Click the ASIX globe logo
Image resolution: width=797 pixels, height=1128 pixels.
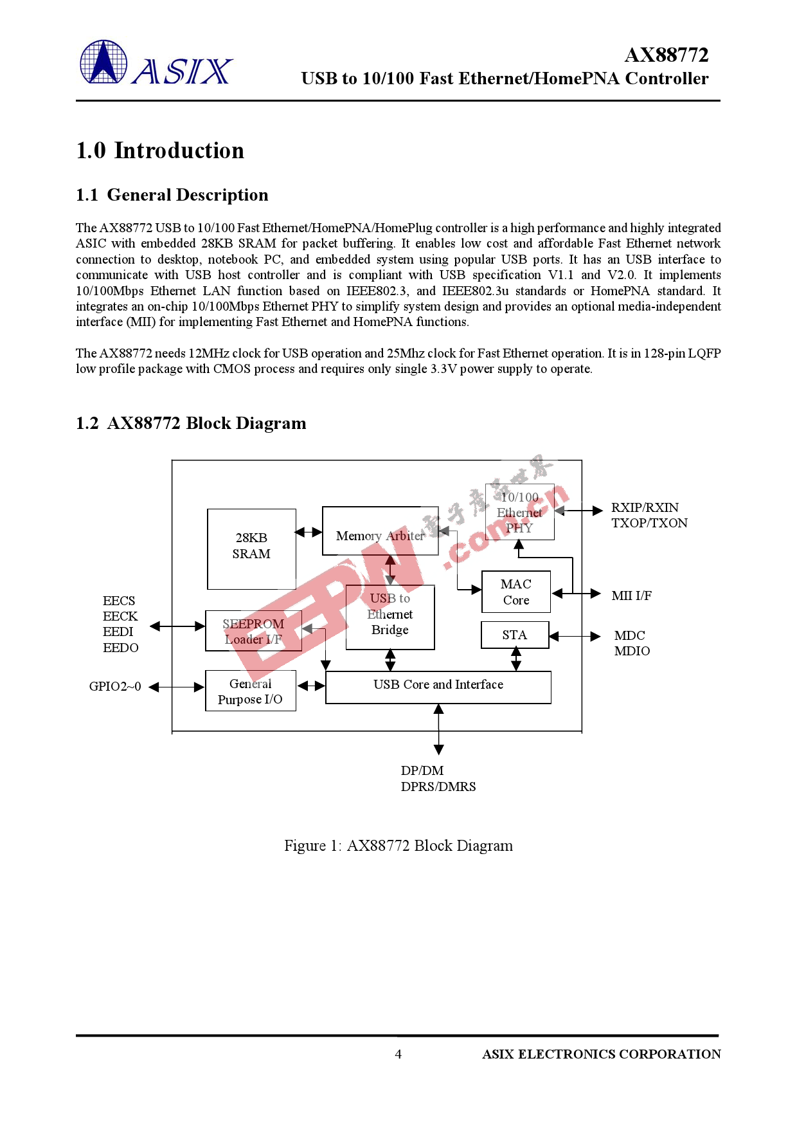pos(103,62)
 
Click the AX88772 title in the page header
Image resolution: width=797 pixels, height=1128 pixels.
pos(666,55)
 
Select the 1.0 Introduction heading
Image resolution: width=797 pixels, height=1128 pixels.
pos(160,150)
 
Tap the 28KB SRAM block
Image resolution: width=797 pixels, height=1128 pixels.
pos(251,549)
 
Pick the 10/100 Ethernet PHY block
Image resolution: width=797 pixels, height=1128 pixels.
pos(519,513)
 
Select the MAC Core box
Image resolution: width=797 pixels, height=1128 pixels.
pos(516,592)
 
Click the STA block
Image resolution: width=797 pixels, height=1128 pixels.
pos(515,635)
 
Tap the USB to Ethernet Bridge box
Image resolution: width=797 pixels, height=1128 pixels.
pos(390,617)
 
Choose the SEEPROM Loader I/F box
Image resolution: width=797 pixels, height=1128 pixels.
pos(253,631)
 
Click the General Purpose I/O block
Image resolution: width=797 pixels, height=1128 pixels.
pos(250,691)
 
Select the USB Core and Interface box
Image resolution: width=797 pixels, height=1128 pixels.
pos(438,687)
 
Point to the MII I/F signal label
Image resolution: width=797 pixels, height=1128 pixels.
pos(631,596)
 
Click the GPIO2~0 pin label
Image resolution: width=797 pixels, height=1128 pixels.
pos(115,686)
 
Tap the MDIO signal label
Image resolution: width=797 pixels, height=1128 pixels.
pos(632,651)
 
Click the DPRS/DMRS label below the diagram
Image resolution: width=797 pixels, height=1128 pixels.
pos(438,787)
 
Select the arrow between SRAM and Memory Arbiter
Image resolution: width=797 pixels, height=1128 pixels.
pos(309,532)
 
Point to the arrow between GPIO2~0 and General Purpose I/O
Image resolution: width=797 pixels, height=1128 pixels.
pos(177,687)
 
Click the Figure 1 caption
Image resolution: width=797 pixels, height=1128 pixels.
pos(398,846)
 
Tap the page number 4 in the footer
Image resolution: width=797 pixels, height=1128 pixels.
pos(398,1054)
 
